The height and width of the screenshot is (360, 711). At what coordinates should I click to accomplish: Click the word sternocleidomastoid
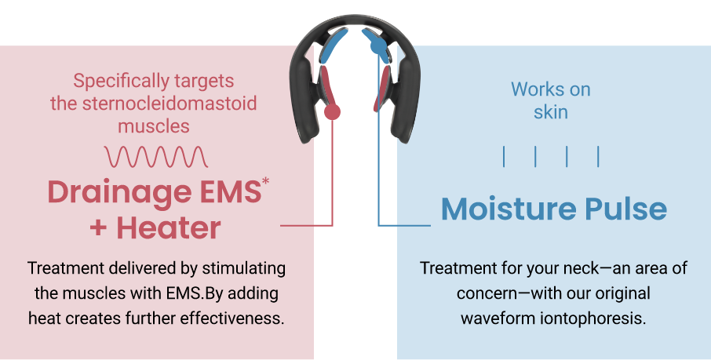click(x=170, y=104)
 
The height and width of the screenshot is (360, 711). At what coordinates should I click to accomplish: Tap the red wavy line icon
click(x=156, y=156)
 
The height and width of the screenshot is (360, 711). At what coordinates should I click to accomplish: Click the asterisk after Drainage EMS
click(x=265, y=181)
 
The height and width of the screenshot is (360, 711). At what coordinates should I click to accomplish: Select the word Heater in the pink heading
click(x=168, y=227)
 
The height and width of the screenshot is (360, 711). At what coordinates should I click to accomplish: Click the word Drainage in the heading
click(x=120, y=193)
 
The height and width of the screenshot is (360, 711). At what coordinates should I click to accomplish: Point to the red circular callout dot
click(x=332, y=111)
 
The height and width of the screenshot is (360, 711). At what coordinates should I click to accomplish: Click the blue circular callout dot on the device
click(x=378, y=45)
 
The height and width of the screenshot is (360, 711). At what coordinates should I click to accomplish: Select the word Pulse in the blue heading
click(x=625, y=209)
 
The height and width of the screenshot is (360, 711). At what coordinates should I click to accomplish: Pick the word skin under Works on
click(x=550, y=112)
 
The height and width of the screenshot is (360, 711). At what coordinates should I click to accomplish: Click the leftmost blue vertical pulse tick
click(x=504, y=156)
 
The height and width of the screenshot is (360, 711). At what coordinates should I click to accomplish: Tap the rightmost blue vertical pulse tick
click(x=598, y=156)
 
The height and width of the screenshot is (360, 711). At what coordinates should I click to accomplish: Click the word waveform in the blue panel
click(x=498, y=318)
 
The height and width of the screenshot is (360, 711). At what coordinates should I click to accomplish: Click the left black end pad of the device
click(x=304, y=97)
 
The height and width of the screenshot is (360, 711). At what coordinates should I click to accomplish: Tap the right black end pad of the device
click(x=407, y=97)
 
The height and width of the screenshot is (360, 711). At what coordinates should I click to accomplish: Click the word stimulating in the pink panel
click(x=243, y=268)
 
